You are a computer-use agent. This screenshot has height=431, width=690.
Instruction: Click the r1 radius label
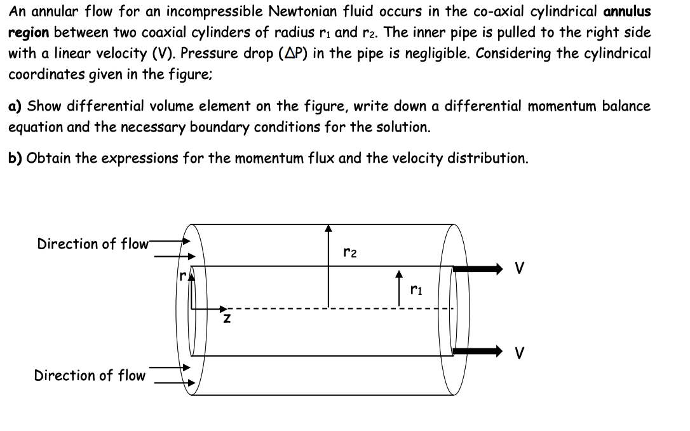(416, 291)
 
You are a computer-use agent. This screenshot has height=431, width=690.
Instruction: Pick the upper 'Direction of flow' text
(93, 243)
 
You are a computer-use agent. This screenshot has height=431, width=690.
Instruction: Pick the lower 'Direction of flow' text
(90, 375)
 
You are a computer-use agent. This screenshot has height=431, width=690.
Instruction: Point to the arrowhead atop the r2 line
(328, 228)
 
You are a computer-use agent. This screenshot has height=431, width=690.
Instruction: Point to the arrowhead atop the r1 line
(399, 275)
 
